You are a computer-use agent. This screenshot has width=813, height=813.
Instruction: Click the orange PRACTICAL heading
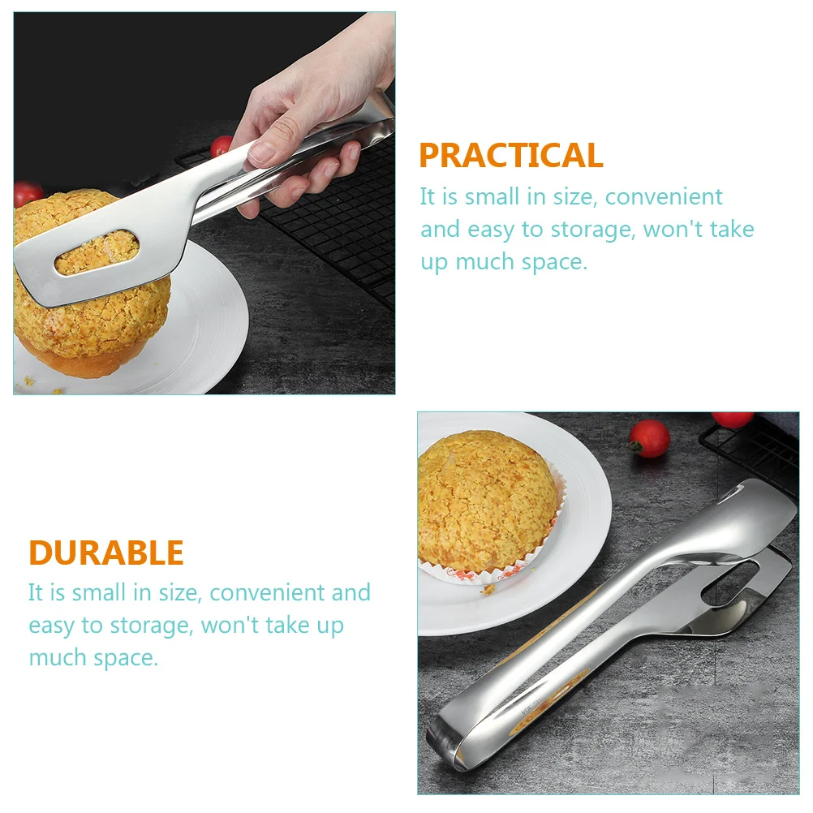click(x=511, y=155)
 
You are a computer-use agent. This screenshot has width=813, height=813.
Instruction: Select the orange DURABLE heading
click(x=106, y=553)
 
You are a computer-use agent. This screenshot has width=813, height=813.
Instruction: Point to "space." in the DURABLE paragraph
click(x=126, y=658)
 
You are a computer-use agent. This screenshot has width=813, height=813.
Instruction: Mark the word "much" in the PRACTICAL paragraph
click(x=484, y=262)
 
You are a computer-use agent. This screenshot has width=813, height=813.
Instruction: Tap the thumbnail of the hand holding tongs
click(x=204, y=203)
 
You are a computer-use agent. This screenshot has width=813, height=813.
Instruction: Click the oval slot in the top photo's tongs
click(x=97, y=252)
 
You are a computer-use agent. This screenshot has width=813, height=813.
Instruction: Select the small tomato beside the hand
click(x=221, y=146)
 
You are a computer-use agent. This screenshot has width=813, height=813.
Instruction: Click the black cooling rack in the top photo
click(x=332, y=228)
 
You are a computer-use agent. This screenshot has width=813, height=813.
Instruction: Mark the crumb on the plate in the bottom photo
click(x=488, y=589)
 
